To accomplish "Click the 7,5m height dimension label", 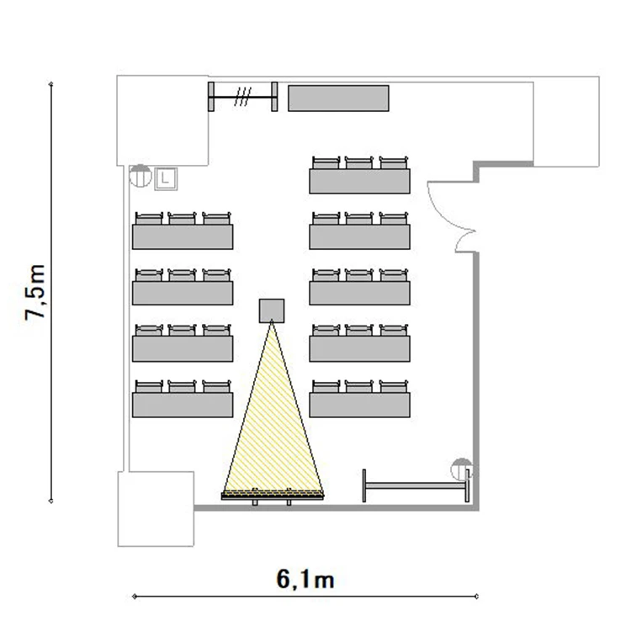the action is point(34,293).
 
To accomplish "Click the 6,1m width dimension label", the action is point(305,580).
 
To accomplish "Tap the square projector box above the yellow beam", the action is point(272,310).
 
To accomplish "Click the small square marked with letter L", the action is point(166,178).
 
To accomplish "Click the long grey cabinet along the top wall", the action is point(338,98).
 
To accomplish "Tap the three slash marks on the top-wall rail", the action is point(242,97).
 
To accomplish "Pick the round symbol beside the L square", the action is point(141,176).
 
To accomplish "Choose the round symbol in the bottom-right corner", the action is point(461,469).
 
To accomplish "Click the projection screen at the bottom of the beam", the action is point(273,496).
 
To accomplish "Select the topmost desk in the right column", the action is point(360,181).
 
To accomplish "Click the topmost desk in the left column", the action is point(183,236).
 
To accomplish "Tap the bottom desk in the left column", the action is point(183,405).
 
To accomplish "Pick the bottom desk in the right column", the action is point(360,405).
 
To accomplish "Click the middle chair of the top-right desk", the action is point(359,162).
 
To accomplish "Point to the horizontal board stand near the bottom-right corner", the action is point(416,485).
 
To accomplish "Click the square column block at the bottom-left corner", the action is point(156,509).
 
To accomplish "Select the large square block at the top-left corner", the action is point(162,120).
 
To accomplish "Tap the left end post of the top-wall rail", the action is point(211,97).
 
